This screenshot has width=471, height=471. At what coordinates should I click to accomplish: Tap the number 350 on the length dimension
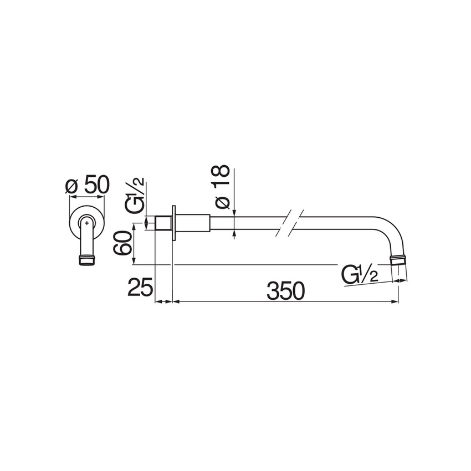[x=285, y=290]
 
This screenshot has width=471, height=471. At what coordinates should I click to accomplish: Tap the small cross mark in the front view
[x=87, y=223]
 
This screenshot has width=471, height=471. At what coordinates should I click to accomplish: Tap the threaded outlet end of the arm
[x=399, y=259]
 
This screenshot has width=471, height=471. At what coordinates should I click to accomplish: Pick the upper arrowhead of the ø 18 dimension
[x=235, y=213]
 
